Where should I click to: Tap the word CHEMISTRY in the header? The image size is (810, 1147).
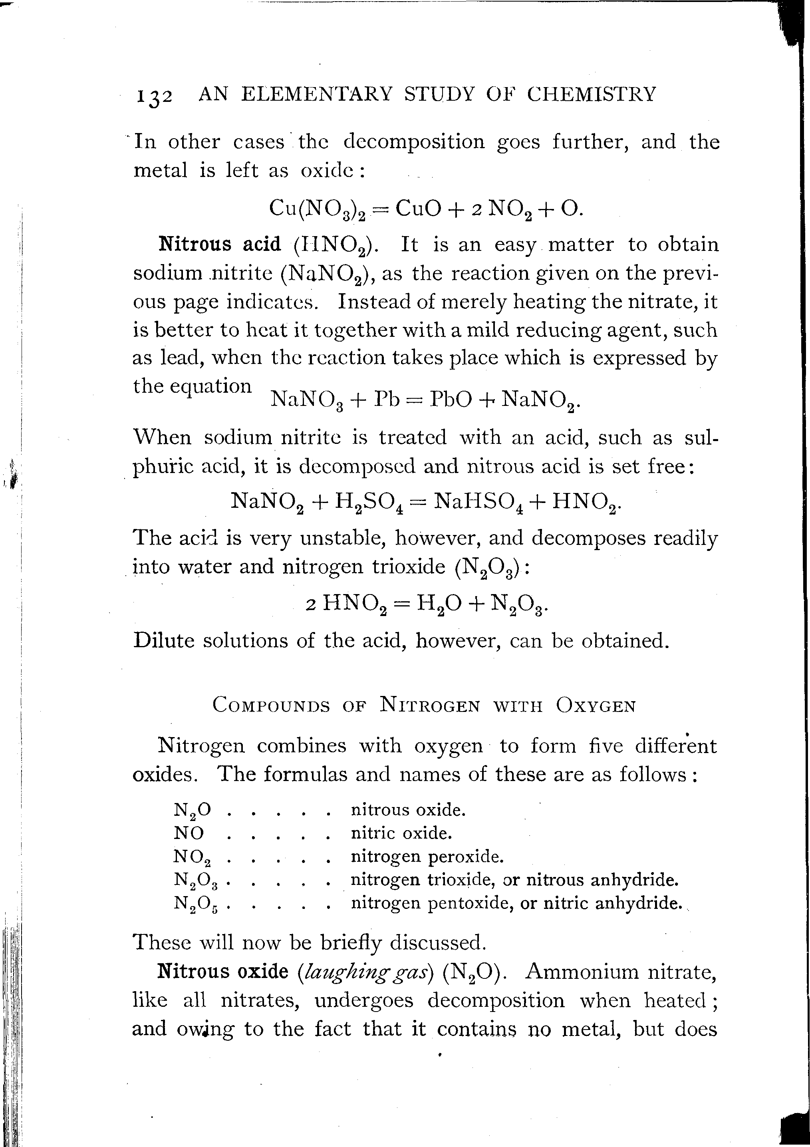[x=591, y=94]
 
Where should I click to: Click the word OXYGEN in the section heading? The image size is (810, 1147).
[x=596, y=705]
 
